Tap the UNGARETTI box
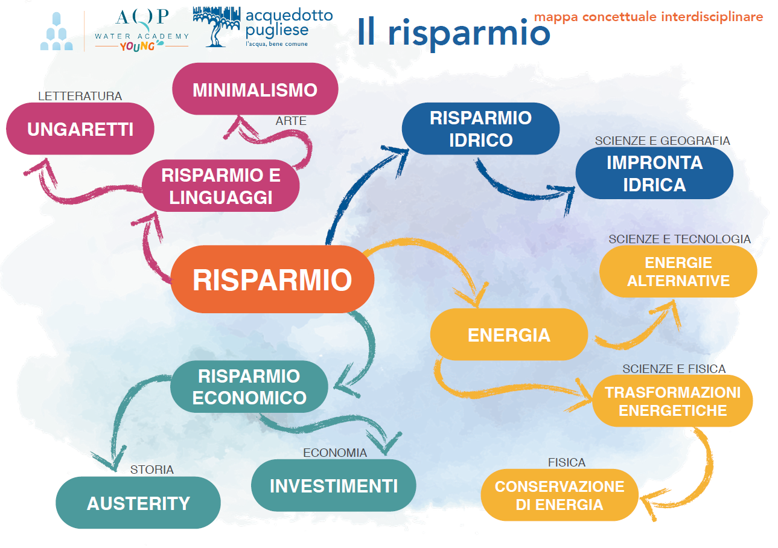[x=80, y=129]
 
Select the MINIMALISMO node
[x=255, y=90]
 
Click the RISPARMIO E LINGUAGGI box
[x=221, y=186]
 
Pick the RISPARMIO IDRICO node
[x=480, y=129]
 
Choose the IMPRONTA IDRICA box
[x=654, y=173]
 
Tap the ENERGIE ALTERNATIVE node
[x=678, y=272]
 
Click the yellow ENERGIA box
[x=509, y=335]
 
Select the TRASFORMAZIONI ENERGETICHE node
[x=672, y=401]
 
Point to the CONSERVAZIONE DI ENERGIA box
[x=560, y=495]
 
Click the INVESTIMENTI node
[x=334, y=486]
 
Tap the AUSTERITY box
[x=138, y=503]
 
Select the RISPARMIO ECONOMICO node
[x=249, y=387]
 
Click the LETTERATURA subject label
[x=80, y=96]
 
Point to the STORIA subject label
[x=152, y=470]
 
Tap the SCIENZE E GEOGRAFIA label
[x=662, y=141]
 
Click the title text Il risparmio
[x=453, y=32]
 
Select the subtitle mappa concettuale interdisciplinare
[x=648, y=16]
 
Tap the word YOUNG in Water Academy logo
[x=138, y=47]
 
